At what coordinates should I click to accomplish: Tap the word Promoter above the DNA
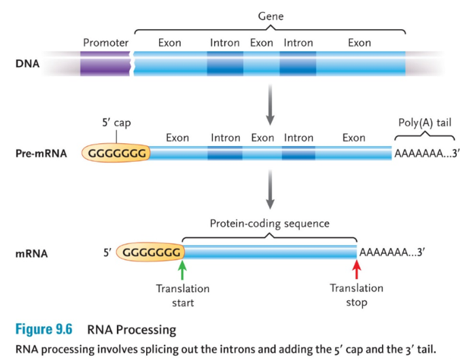105,43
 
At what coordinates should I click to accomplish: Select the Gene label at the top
270,16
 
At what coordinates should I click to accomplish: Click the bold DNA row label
27,65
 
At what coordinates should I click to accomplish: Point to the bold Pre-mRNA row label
41,154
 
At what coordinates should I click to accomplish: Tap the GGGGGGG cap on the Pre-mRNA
117,154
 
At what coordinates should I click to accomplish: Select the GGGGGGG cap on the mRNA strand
152,253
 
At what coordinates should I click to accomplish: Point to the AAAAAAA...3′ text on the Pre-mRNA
428,154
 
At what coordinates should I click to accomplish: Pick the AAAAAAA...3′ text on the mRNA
392,253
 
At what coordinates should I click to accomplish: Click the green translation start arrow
182,270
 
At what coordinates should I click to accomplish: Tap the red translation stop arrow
356,270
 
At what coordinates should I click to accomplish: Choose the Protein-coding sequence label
269,223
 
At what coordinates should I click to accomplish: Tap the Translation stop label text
356,295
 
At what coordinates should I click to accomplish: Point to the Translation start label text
182,295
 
